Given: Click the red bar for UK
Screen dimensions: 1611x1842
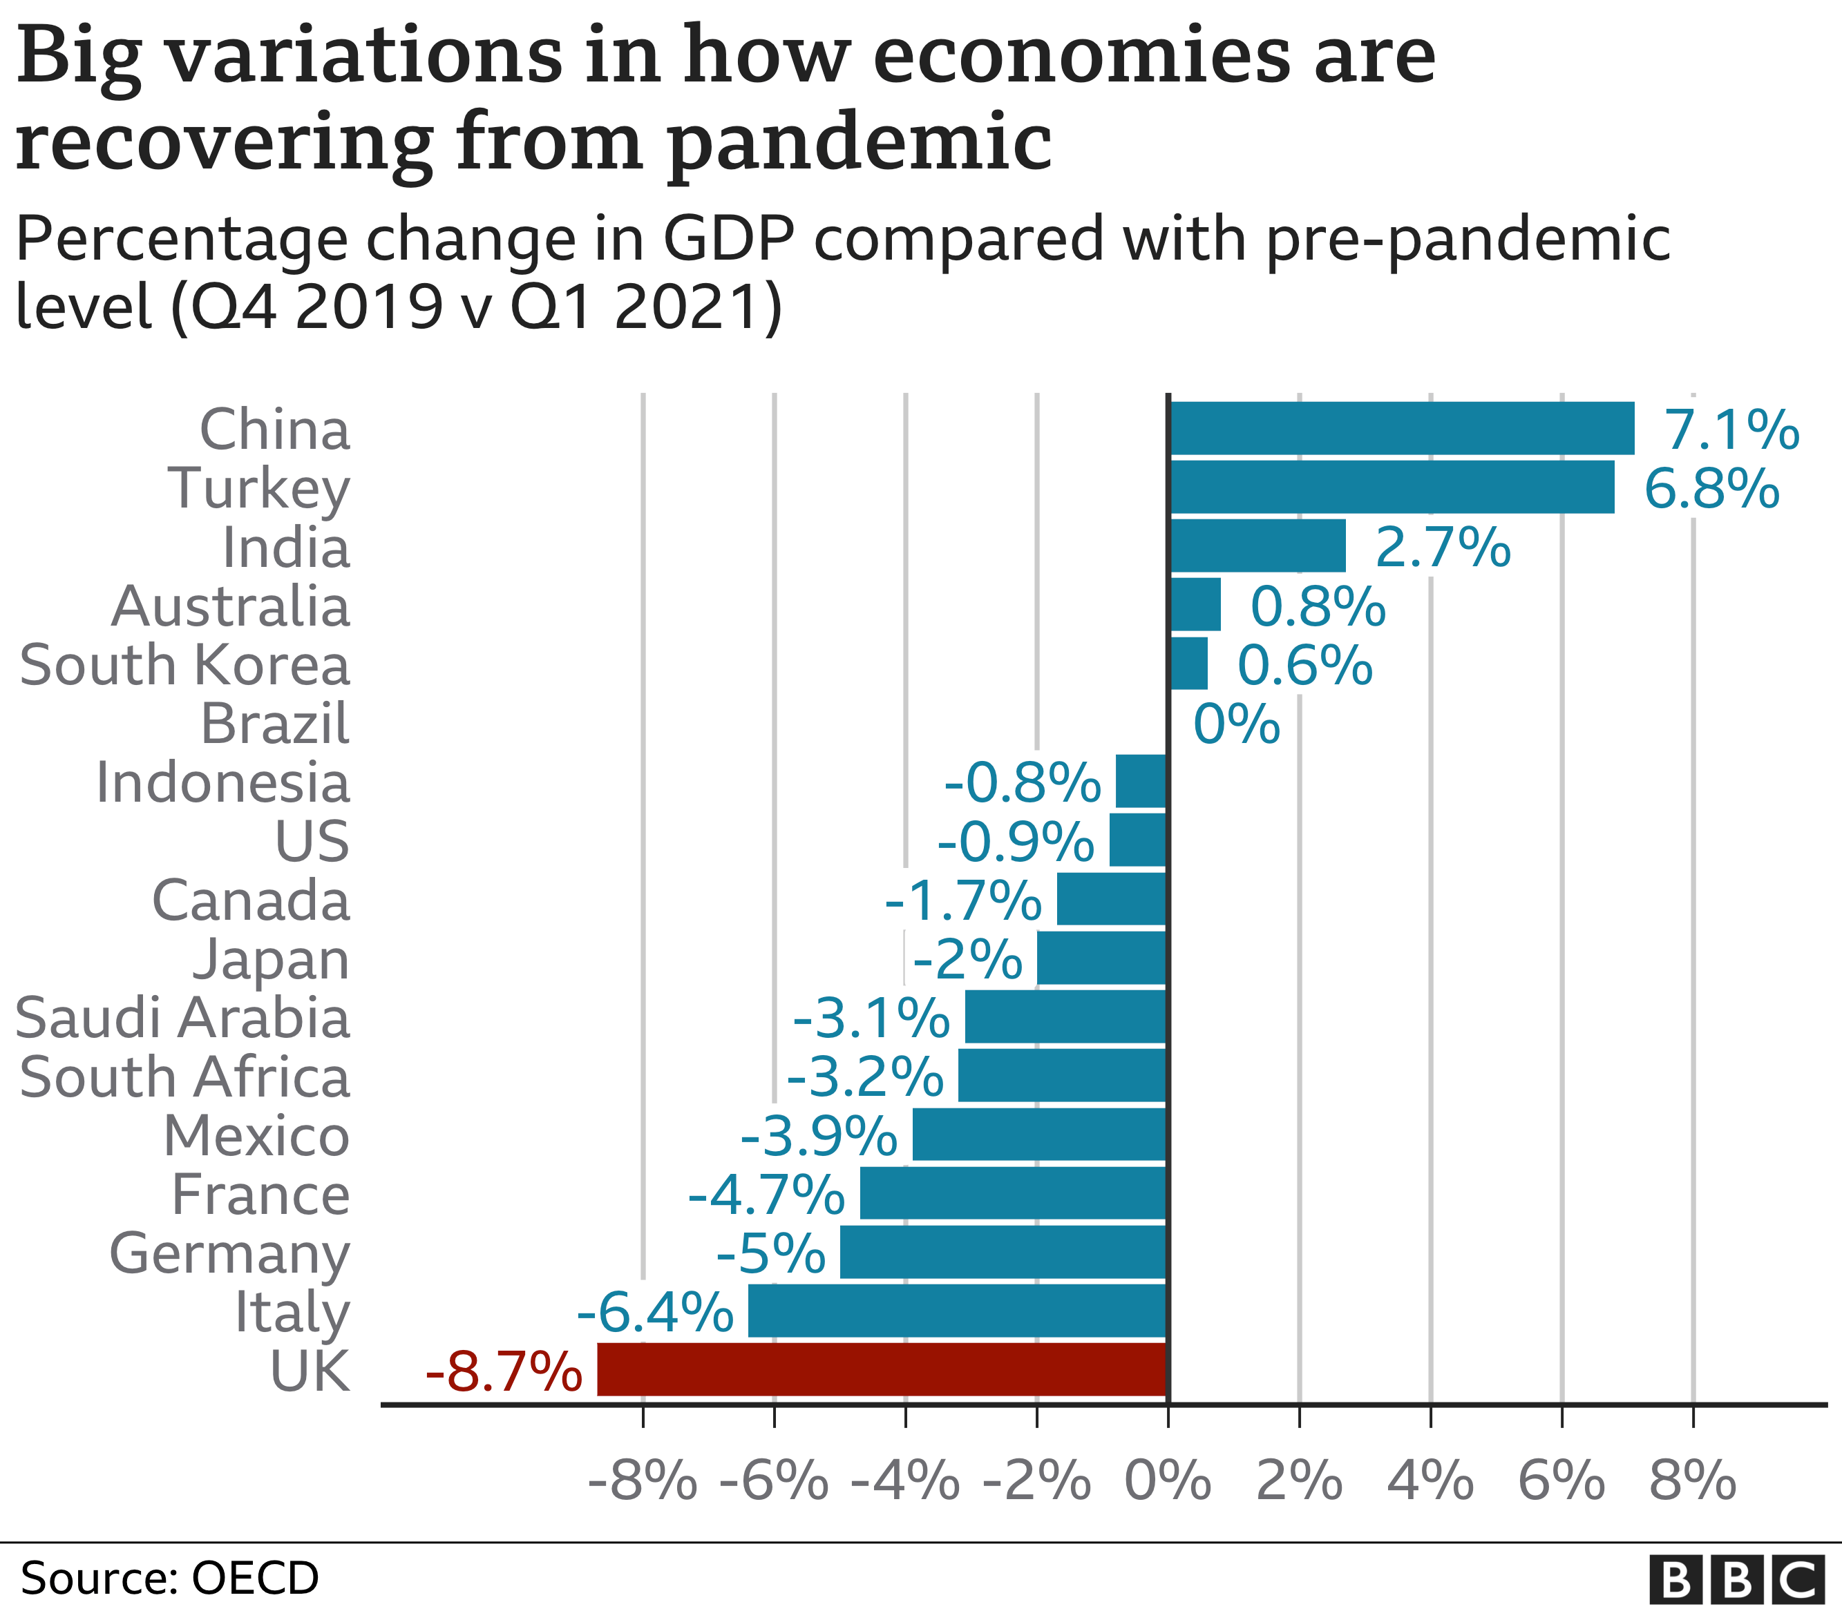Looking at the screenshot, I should click(x=882, y=1369).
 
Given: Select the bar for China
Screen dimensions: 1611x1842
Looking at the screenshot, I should click(x=1401, y=428).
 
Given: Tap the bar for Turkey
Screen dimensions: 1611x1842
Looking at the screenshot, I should click(x=1391, y=488).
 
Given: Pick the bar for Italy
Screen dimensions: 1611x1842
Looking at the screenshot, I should click(x=957, y=1311).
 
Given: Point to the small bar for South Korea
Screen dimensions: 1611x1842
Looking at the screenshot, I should click(x=1188, y=664).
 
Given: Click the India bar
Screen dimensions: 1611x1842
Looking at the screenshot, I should click(x=1257, y=546).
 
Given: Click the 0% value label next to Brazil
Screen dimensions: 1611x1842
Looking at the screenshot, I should click(x=1236, y=724).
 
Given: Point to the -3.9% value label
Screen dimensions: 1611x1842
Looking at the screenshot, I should click(x=819, y=1137).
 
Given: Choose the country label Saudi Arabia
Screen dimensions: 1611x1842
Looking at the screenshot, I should click(x=182, y=1019).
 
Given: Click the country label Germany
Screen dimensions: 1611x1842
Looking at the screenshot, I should click(x=229, y=1254).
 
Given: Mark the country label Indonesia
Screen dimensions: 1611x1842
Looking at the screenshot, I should click(x=222, y=783).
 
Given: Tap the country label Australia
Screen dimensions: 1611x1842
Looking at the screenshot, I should click(x=230, y=607).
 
